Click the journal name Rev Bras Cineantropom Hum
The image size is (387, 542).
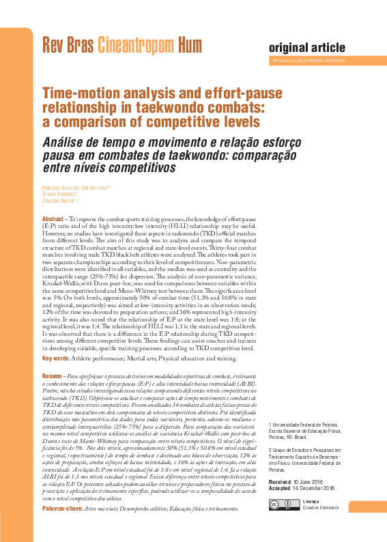click(x=122, y=46)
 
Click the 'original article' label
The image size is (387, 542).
click(x=307, y=47)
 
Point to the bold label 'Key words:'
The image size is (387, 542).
click(x=55, y=358)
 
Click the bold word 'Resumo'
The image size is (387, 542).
click(x=53, y=375)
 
